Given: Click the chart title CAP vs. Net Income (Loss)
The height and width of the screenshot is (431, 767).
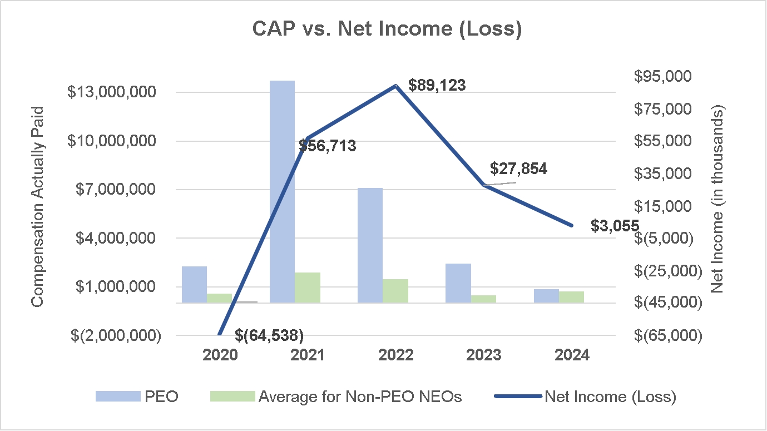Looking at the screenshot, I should tap(387, 30).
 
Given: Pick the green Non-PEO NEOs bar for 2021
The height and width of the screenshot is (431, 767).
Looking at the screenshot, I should tap(308, 288).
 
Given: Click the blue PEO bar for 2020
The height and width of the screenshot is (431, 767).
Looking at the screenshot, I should tap(194, 284).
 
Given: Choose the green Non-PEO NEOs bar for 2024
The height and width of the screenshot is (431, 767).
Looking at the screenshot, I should tap(572, 297).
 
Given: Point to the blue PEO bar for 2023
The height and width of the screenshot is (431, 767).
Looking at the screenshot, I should tap(458, 283).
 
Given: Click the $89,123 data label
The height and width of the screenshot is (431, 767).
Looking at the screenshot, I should tap(437, 85).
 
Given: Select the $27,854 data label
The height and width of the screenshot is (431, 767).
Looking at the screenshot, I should tap(519, 169).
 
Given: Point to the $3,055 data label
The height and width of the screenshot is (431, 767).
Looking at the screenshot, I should tap(615, 225).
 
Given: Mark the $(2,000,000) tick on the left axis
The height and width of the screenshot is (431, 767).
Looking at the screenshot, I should tap(114, 335).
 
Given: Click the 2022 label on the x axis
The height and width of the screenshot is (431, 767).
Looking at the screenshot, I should tap(395, 355).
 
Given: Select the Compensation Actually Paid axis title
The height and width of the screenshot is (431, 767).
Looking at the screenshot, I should tap(37, 206).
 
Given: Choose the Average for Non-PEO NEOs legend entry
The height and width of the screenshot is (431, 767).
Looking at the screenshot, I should tap(359, 397).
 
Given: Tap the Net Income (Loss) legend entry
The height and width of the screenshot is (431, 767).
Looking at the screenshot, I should tap(610, 397).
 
